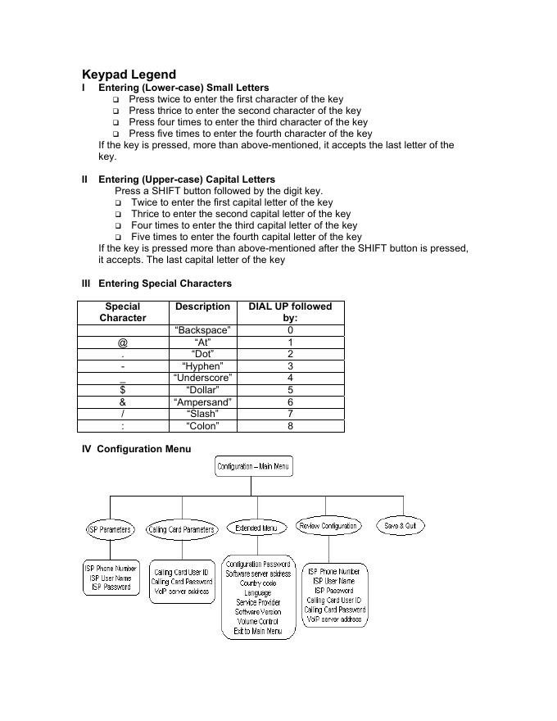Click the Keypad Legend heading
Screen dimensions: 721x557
point(129,75)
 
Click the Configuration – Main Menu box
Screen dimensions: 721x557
point(253,467)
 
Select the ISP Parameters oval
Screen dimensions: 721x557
point(110,529)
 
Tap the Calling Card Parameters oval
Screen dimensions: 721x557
point(181,529)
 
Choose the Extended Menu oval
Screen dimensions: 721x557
point(256,528)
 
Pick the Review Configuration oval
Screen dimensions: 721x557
point(328,526)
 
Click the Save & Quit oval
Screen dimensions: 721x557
point(401,526)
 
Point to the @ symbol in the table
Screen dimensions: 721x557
point(123,342)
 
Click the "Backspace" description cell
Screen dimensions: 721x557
point(202,330)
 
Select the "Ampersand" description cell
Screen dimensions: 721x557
point(202,402)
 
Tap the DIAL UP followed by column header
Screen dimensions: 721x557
point(290,312)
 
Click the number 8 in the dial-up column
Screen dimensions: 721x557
point(290,426)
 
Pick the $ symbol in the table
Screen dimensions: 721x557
point(123,390)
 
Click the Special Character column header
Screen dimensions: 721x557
point(123,312)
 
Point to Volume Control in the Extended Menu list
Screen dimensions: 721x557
point(257,622)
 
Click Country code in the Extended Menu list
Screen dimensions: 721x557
point(257,583)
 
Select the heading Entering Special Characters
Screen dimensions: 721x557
point(165,283)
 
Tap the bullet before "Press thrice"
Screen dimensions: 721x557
point(116,111)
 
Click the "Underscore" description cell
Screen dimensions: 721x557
point(202,378)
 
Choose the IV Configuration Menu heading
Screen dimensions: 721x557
point(136,449)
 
